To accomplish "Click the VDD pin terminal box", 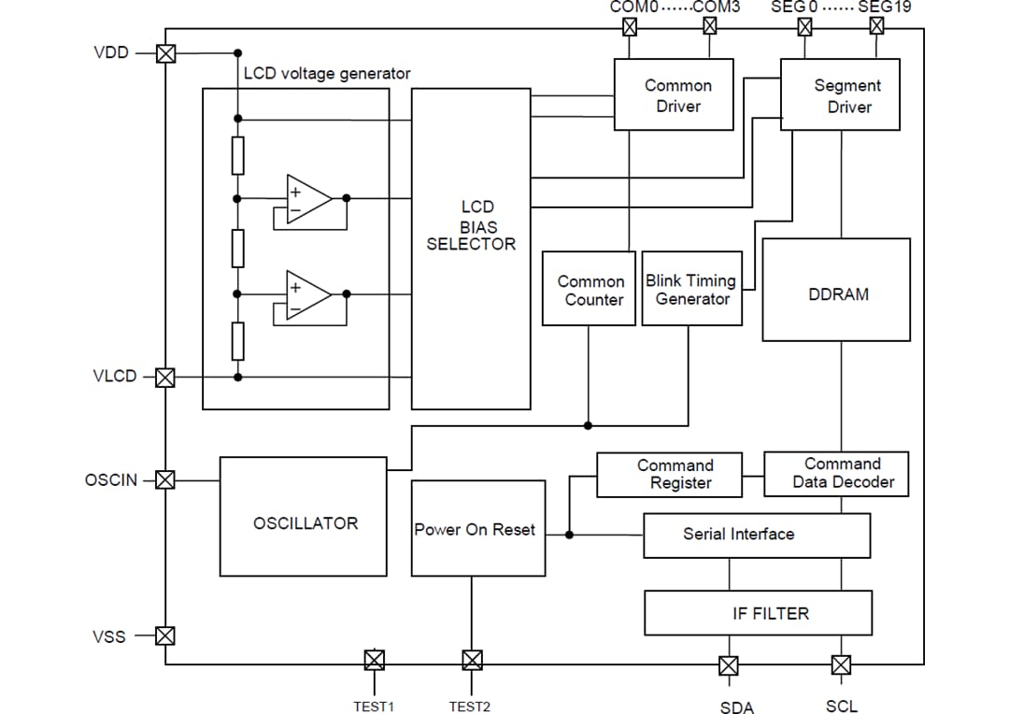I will point(165,53).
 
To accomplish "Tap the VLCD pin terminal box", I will point(165,378).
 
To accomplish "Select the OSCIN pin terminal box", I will point(165,480).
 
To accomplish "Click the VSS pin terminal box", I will point(165,636).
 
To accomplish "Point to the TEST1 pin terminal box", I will point(374,661).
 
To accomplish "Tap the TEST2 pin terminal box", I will point(472,661).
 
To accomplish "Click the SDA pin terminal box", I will point(729,665).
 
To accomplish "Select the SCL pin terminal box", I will point(841,665).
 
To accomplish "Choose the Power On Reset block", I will point(477,528).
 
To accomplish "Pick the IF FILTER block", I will point(758,613).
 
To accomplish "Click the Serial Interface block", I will point(757,535).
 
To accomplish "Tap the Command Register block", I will point(669,475).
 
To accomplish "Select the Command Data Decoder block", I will point(836,474).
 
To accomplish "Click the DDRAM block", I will point(836,290).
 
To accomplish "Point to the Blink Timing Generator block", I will point(692,289).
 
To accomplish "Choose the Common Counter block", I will point(589,289).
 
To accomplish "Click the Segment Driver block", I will point(840,94).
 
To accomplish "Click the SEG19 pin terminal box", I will point(876,25).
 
